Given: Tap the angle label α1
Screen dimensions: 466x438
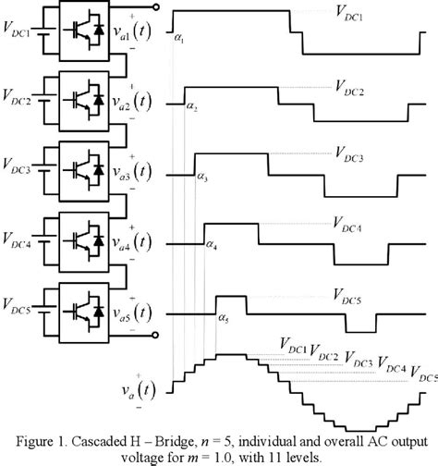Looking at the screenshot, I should click(179, 39).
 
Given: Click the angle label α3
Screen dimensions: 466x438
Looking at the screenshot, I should click(202, 176).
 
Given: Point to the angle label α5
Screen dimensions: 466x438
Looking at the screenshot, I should click(223, 317).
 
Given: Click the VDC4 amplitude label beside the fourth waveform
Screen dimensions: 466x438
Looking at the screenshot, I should click(348, 224).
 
